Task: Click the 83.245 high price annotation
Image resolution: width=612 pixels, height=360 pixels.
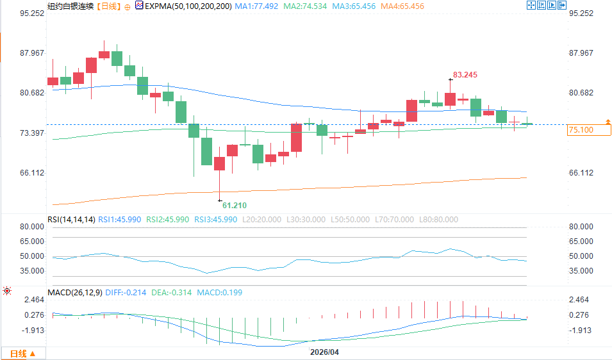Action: pos(465,75)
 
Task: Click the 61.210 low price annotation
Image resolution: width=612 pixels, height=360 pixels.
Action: pos(235,205)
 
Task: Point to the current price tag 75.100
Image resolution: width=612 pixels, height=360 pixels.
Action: pos(581,130)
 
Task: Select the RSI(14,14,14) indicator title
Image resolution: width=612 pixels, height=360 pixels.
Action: pos(71,220)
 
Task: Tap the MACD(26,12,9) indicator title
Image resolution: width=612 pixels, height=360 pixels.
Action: pos(74,293)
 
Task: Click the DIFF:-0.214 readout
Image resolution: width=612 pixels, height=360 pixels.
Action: pos(126,293)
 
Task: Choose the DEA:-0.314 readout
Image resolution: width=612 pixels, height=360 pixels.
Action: pos(171,293)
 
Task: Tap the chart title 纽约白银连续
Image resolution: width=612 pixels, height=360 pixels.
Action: pos(70,6)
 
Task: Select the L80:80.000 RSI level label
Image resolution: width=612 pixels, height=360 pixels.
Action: pos(439,220)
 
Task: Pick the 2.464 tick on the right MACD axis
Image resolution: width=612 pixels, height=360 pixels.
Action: pos(579,300)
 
